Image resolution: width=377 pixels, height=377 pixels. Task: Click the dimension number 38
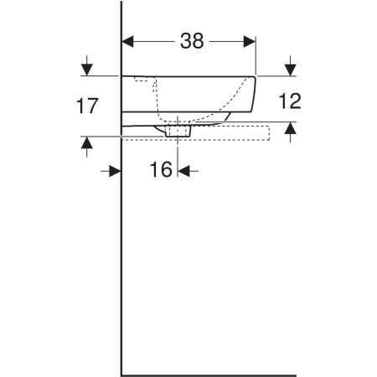click(192, 41)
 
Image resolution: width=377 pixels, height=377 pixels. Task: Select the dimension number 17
click(87, 106)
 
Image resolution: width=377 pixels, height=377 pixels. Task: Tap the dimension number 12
click(290, 101)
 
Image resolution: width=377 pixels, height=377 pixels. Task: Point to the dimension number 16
click(161, 169)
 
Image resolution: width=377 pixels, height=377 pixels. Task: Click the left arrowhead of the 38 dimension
click(128, 42)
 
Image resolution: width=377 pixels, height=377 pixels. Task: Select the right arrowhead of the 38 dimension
click(250, 42)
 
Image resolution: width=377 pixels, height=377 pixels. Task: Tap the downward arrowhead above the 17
click(87, 70)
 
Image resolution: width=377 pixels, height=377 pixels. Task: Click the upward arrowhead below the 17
click(87, 142)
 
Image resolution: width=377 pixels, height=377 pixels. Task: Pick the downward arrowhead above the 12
click(291, 70)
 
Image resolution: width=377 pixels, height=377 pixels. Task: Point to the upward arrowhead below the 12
click(291, 128)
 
